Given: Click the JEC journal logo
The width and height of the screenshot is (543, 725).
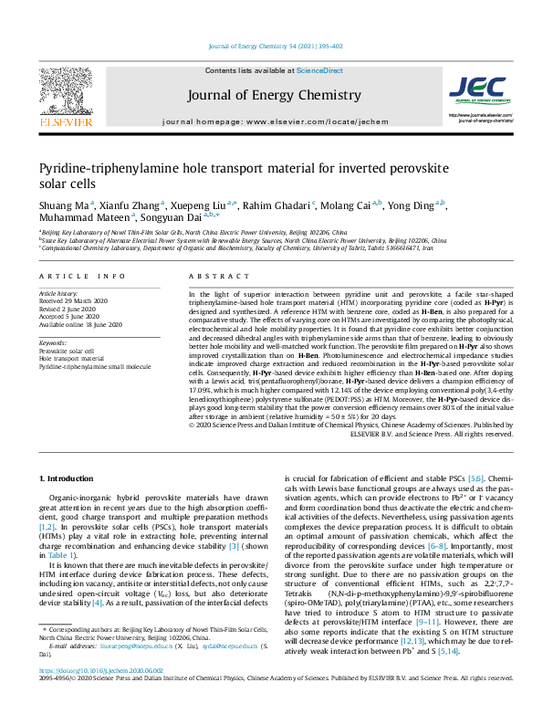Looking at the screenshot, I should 477,89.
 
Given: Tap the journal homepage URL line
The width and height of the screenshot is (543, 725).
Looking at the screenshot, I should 271,121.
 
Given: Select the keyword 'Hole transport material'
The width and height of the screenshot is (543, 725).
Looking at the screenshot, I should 74,358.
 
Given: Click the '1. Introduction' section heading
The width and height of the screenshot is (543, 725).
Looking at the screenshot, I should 70,478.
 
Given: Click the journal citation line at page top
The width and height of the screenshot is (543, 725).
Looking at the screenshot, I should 271,47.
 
